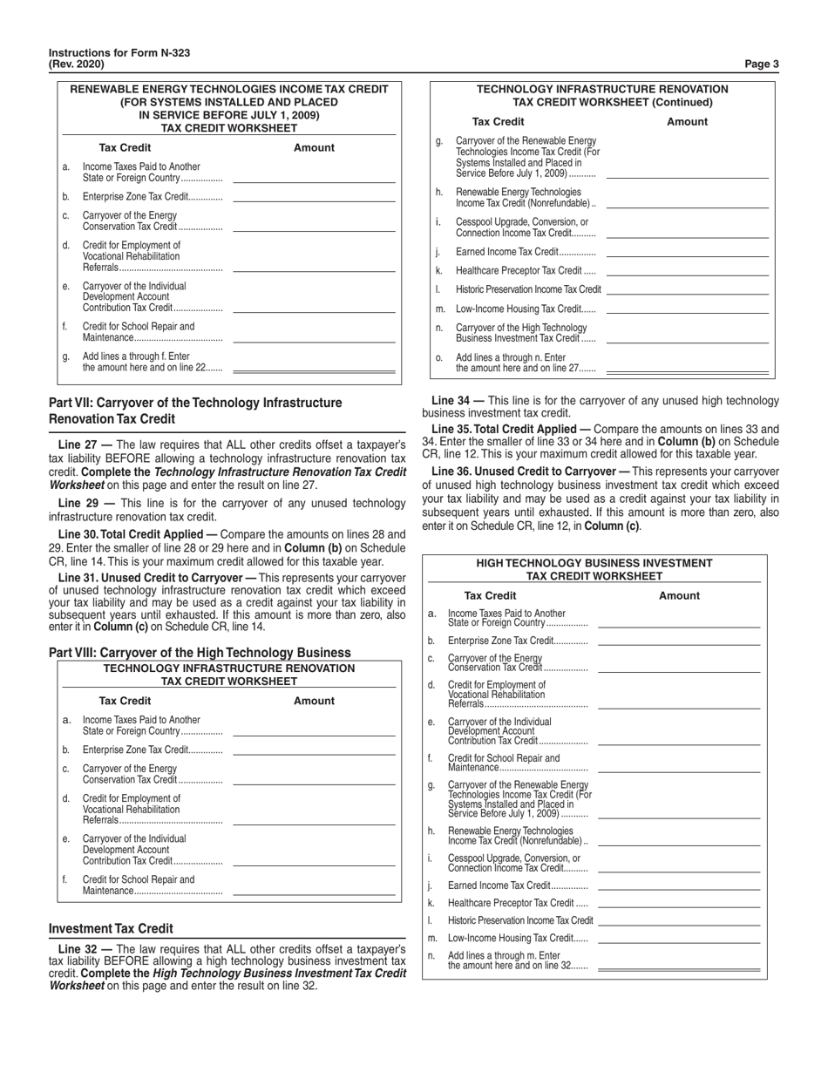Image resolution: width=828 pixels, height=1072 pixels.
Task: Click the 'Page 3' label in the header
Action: point(763,64)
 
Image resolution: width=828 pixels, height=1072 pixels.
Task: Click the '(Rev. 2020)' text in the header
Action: point(77,64)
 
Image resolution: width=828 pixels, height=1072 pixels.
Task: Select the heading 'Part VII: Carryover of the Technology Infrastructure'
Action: point(195,403)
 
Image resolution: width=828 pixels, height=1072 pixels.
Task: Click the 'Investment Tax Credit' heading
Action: point(111,928)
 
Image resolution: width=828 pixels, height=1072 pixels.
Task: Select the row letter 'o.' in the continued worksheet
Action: point(438,357)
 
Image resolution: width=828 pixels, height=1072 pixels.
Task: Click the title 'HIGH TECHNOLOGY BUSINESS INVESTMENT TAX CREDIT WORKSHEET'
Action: point(594,569)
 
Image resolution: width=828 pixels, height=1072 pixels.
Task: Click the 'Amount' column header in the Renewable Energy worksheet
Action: point(314,147)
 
